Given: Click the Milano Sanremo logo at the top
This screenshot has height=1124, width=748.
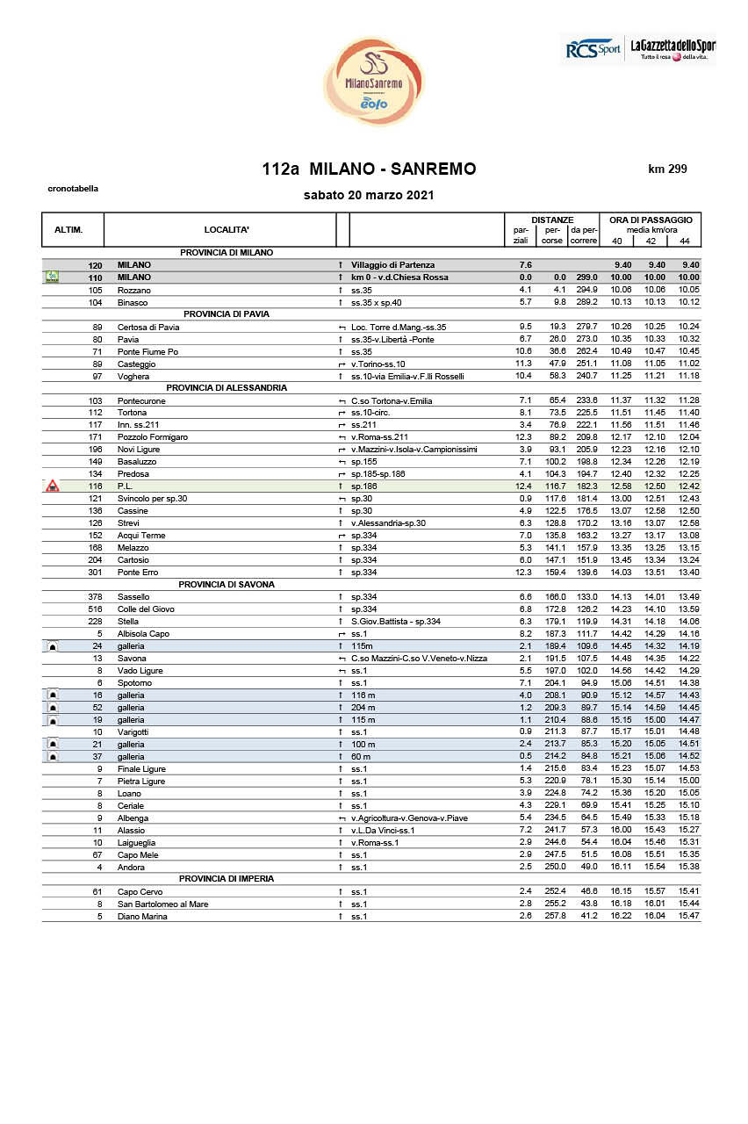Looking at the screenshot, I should pyautogui.click(x=373, y=82).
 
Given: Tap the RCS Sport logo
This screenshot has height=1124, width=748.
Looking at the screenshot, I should pyautogui.click(x=592, y=50).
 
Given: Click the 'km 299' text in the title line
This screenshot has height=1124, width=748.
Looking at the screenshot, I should pyautogui.click(x=667, y=169).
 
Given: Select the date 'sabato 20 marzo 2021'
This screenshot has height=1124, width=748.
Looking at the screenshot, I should pyautogui.click(x=369, y=195).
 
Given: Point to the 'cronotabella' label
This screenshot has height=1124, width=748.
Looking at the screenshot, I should pyautogui.click(x=73, y=188).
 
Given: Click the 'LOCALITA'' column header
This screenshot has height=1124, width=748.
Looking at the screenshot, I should pyautogui.click(x=227, y=229).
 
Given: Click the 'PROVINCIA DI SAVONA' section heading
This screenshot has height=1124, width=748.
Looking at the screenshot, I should pyautogui.click(x=227, y=584).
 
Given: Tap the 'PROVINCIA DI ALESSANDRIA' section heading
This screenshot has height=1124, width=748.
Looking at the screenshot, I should pyautogui.click(x=227, y=387).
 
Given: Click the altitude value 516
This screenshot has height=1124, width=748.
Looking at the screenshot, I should pyautogui.click(x=96, y=609).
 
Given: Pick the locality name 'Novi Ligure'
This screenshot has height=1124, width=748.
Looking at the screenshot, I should pyautogui.click(x=139, y=449).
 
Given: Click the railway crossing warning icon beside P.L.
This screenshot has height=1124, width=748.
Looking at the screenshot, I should pyautogui.click(x=53, y=485).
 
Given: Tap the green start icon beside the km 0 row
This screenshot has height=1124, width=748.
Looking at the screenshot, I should pyautogui.click(x=53, y=277).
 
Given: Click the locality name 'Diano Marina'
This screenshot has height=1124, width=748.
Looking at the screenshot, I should pyautogui.click(x=142, y=916).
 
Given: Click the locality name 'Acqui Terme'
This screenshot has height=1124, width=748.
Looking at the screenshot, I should pyautogui.click(x=141, y=535).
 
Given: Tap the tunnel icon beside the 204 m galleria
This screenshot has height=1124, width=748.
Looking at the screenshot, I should pyautogui.click(x=53, y=708).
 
